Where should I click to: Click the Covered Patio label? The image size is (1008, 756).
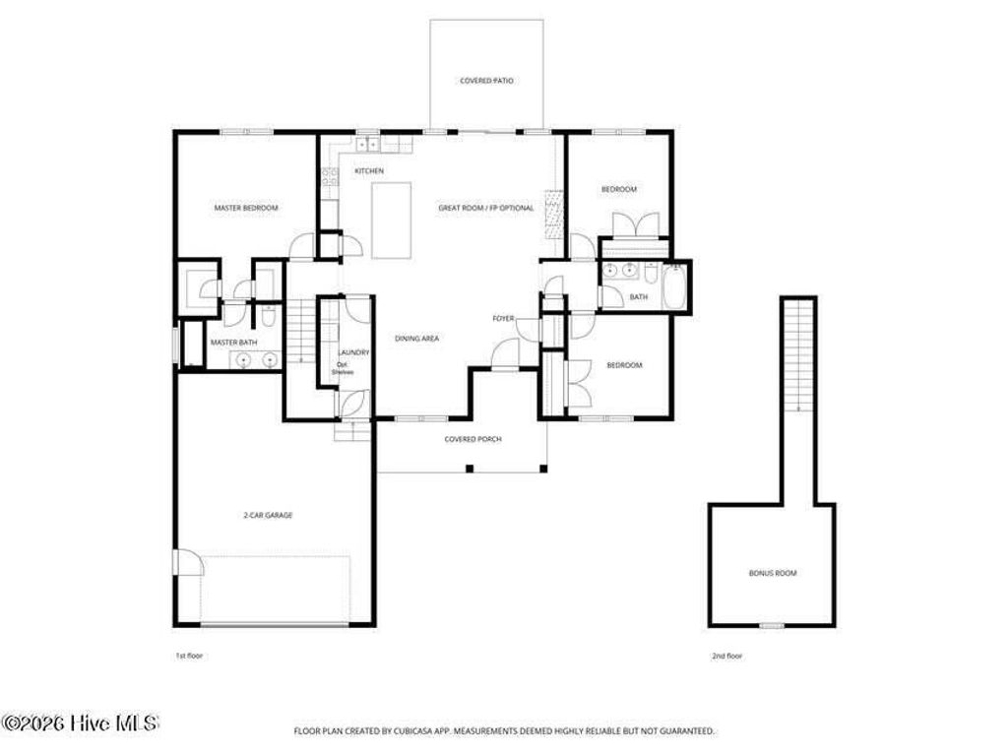click(486, 81)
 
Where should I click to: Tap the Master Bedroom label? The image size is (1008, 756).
click(246, 208)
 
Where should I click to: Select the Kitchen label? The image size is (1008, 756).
click(369, 171)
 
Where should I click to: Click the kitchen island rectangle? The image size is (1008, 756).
click(392, 220)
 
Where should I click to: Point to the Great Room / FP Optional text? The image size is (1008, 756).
click(486, 208)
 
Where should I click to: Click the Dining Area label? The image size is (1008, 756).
click(416, 338)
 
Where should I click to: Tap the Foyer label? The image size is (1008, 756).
click(504, 318)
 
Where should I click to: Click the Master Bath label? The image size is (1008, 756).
click(233, 343)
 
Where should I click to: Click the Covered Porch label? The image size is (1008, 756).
click(472, 439)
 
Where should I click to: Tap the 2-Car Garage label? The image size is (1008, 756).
click(268, 515)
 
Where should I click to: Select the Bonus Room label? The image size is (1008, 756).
click(773, 572)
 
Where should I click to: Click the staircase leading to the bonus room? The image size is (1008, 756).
click(798, 354)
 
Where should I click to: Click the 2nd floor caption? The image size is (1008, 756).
click(727, 655)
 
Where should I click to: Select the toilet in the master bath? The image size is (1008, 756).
click(268, 317)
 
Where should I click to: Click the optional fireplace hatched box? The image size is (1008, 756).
click(552, 215)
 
